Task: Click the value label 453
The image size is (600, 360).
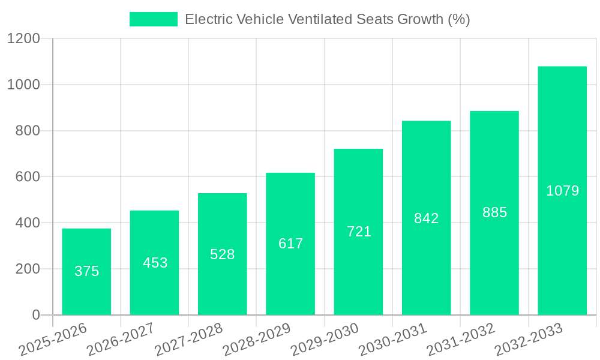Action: pyautogui.click(x=155, y=263)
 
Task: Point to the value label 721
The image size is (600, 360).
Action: pyautogui.click(x=359, y=232)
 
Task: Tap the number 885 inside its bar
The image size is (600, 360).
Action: pyautogui.click(x=494, y=212)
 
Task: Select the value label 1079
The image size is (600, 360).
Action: pyautogui.click(x=562, y=191)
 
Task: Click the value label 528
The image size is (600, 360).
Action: pyautogui.click(x=222, y=254)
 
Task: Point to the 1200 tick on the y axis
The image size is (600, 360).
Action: pyautogui.click(x=23, y=39)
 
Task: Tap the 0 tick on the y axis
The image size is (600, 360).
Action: pyautogui.click(x=36, y=315)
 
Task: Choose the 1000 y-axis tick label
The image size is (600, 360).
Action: pyautogui.click(x=23, y=85)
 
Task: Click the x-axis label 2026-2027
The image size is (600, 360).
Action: pyautogui.click(x=121, y=340)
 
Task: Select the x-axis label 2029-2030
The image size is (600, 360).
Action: pyautogui.click(x=325, y=340)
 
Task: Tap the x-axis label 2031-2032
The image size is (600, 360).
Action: pyautogui.click(x=461, y=340)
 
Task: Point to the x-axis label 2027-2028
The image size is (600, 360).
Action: pyautogui.click(x=189, y=340)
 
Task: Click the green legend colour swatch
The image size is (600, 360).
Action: pyautogui.click(x=154, y=19)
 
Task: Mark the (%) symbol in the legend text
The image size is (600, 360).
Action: pyautogui.click(x=459, y=19)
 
